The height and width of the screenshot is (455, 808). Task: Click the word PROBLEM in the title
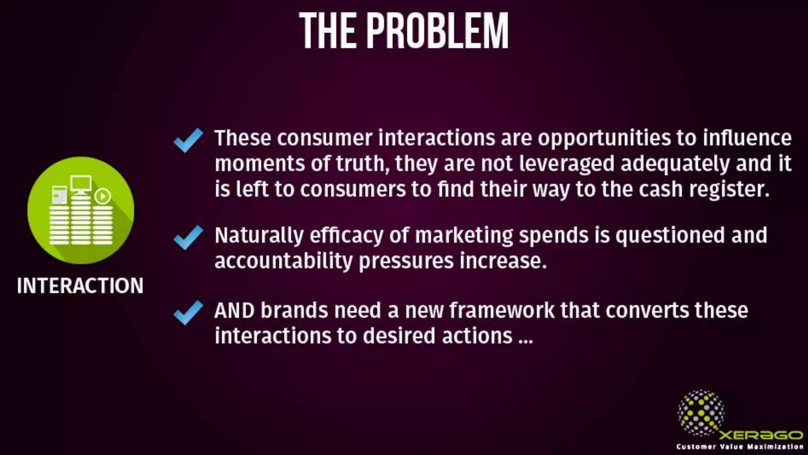[438, 31]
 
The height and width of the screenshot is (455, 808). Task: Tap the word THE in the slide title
[328, 31]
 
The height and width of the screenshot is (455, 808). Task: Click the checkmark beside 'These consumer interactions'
[188, 140]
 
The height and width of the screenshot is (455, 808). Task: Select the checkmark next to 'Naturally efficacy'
[188, 237]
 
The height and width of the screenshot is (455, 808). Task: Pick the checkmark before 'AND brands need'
[188, 312]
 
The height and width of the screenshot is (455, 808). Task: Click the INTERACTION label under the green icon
[80, 286]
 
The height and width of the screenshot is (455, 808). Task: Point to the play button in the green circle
[103, 196]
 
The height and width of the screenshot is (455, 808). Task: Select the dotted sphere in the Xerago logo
[701, 413]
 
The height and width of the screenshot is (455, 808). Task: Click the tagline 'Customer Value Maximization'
[740, 447]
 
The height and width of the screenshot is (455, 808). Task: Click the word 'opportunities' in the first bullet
[604, 138]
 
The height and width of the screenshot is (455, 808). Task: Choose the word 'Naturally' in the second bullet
[259, 236]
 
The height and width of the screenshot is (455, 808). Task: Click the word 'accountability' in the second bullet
[283, 261]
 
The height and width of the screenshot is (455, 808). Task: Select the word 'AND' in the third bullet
[234, 310]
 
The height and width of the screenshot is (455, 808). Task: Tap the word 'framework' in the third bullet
[501, 310]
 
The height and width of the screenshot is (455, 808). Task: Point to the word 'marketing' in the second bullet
[464, 236]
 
